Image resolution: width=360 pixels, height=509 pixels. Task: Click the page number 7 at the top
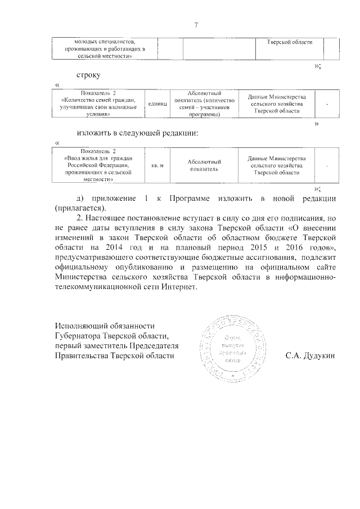click(x=196, y=25)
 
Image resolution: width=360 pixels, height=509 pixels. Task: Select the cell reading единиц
click(x=157, y=104)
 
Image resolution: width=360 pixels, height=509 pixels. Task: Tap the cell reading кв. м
click(x=157, y=165)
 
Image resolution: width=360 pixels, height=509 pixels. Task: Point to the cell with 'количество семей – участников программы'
click(x=204, y=104)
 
